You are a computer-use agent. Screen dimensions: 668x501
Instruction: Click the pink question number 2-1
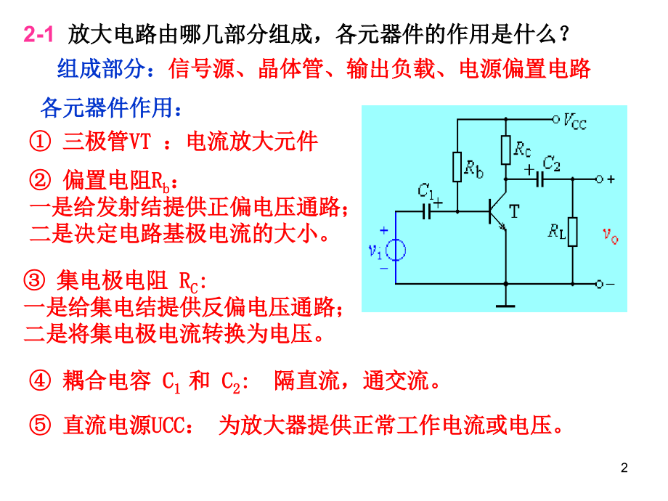pyautogui.click(x=38, y=33)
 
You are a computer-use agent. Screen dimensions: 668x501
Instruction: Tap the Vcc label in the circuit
pyautogui.click(x=575, y=121)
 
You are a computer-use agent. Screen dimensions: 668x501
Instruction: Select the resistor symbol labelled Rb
pyautogui.click(x=457, y=167)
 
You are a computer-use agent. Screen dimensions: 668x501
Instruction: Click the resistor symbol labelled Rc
pyautogui.click(x=505, y=150)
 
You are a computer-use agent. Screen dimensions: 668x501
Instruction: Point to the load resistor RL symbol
pyautogui.click(x=573, y=232)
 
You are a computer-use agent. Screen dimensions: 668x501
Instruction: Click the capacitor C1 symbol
pyautogui.click(x=426, y=211)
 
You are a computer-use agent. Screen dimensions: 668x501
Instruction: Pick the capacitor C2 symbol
pyautogui.click(x=539, y=179)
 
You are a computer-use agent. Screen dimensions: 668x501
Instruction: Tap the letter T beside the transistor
pyautogui.click(x=514, y=212)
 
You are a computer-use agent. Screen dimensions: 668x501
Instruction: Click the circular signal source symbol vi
pyautogui.click(x=395, y=250)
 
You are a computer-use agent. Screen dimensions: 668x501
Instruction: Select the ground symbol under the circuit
pyautogui.click(x=505, y=306)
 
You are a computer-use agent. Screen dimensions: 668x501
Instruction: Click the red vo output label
pyautogui.click(x=611, y=235)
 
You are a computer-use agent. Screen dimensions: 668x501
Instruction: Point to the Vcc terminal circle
pyautogui.click(x=555, y=120)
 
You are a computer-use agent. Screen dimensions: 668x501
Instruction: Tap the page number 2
pyautogui.click(x=624, y=468)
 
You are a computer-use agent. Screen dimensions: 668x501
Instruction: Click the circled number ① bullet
pyautogui.click(x=40, y=141)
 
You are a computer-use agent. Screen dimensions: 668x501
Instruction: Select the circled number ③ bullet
pyautogui.click(x=34, y=280)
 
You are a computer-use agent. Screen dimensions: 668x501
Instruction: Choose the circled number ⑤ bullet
pyautogui.click(x=40, y=425)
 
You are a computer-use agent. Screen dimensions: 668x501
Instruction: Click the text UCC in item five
pyautogui.click(x=168, y=425)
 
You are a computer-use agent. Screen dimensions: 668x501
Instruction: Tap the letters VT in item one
pyautogui.click(x=139, y=142)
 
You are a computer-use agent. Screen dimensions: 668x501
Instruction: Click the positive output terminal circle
pyautogui.click(x=599, y=179)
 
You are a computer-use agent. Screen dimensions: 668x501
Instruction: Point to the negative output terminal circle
pyautogui.click(x=599, y=284)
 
